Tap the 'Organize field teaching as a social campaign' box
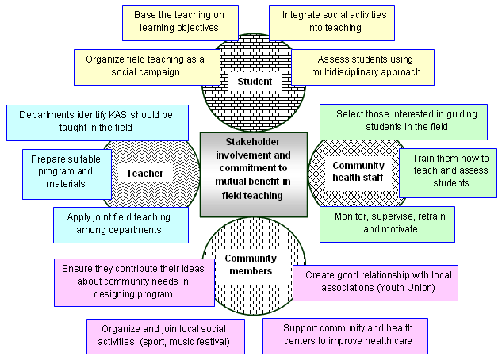(139, 65)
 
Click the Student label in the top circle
(255, 81)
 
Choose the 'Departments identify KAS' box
(96, 121)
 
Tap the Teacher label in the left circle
(144, 173)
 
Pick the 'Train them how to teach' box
(449, 170)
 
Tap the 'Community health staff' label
(358, 172)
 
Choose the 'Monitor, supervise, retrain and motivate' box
(388, 223)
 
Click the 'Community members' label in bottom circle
(250, 265)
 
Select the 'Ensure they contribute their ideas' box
(133, 281)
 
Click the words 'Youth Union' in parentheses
(414, 288)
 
